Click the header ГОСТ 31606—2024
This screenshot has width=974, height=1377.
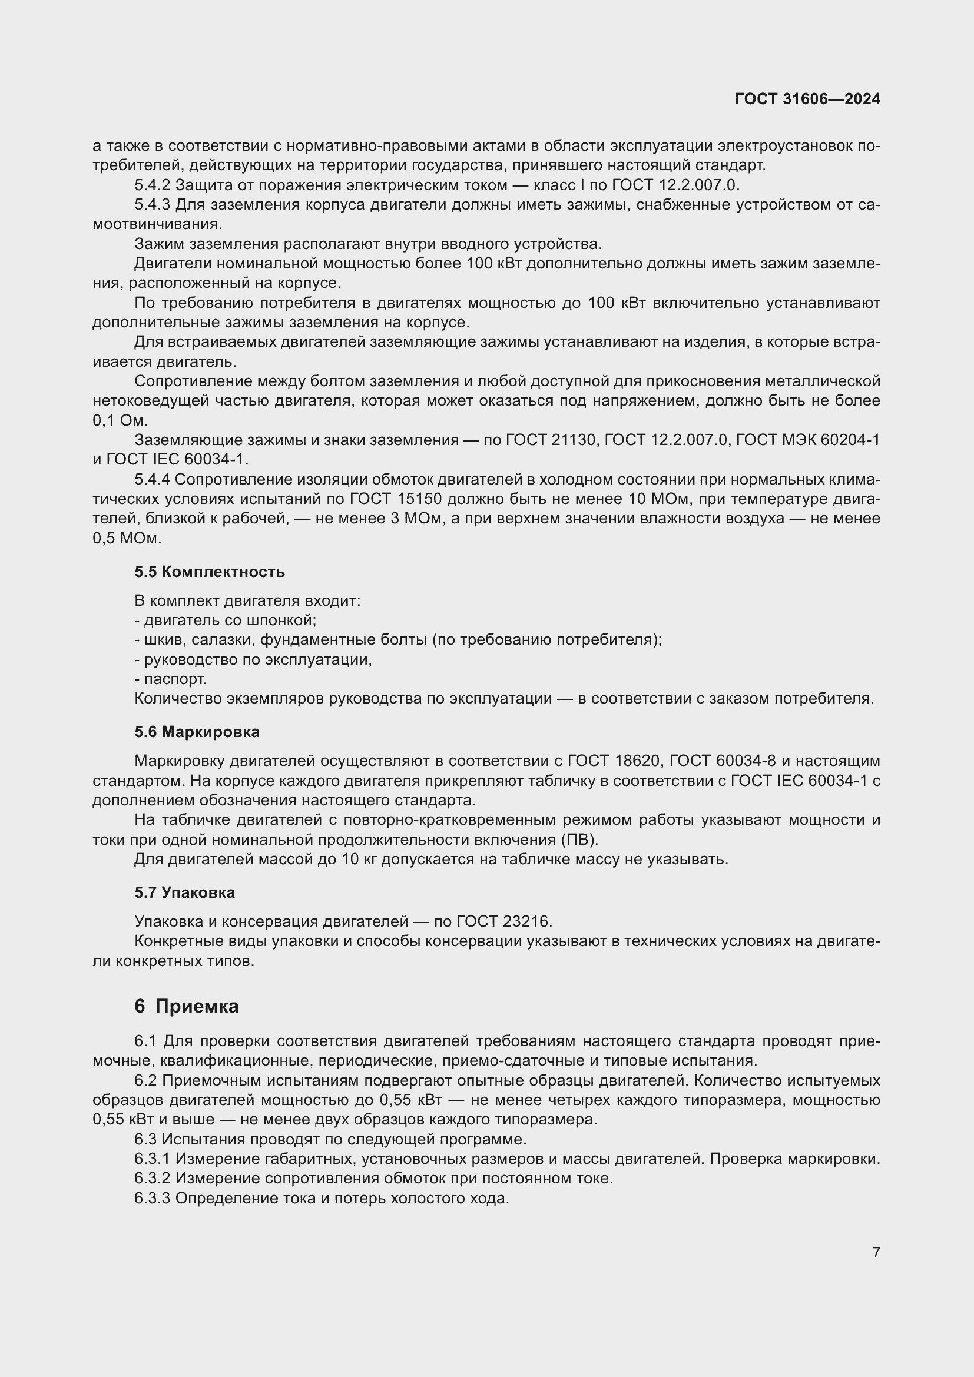tap(807, 99)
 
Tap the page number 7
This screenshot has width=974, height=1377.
tap(876, 1252)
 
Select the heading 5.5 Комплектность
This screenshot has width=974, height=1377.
tap(209, 572)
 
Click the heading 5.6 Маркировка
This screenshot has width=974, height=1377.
tap(197, 732)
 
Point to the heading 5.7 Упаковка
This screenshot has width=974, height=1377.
tap(185, 892)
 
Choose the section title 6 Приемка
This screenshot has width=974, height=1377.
tap(187, 1006)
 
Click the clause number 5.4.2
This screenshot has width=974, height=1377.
tap(153, 185)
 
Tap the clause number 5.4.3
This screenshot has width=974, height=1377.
tap(153, 204)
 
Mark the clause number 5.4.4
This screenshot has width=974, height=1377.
tap(153, 479)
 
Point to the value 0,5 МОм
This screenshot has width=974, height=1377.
tap(127, 538)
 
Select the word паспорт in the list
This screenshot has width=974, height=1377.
tap(175, 679)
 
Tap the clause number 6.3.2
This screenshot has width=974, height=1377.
tap(153, 1179)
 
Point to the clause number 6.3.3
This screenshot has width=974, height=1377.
tap(153, 1198)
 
